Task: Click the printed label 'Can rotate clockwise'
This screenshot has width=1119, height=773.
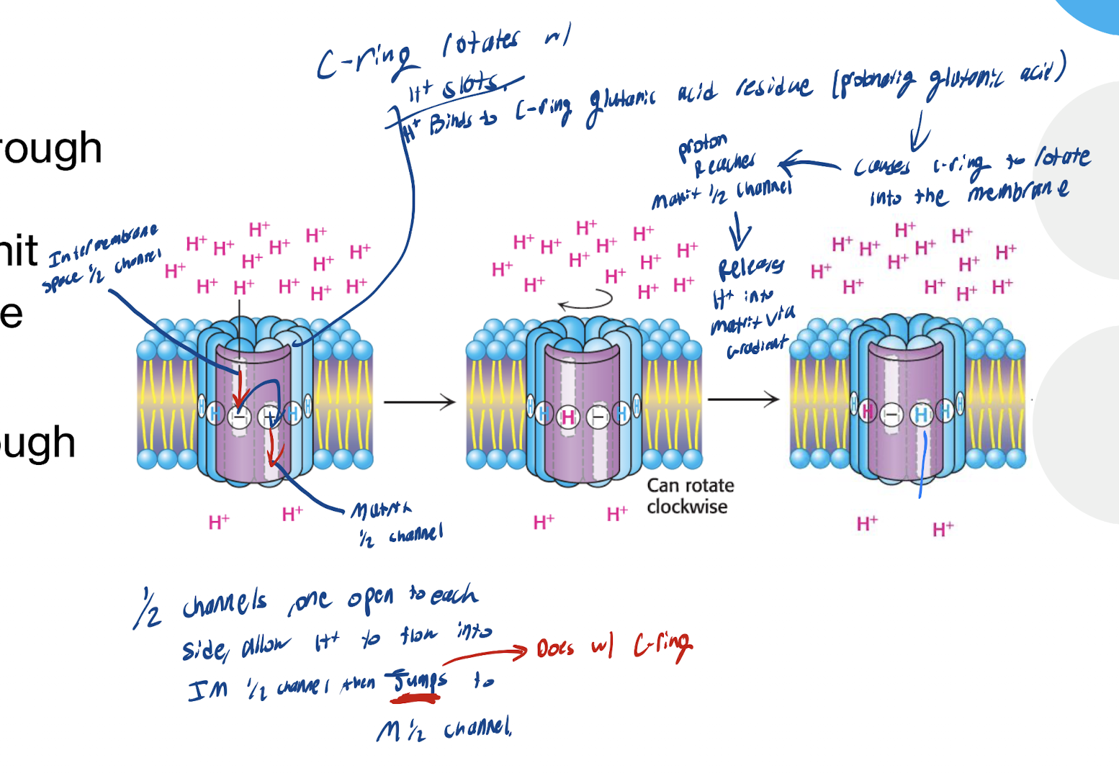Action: [x=690, y=496]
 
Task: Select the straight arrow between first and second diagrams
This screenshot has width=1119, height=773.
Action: [x=419, y=402]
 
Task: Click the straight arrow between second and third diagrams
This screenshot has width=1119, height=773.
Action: [x=743, y=399]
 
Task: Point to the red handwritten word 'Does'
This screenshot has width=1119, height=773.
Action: [x=555, y=648]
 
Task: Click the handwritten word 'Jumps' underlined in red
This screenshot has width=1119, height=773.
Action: [x=418, y=680]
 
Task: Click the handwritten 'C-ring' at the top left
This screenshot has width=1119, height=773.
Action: [x=364, y=61]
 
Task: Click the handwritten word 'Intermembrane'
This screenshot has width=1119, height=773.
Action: [x=103, y=245]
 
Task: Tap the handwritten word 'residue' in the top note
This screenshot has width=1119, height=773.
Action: [x=773, y=88]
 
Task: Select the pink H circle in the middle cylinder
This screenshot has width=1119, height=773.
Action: [x=569, y=417]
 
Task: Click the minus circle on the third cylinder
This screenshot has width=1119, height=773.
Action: [x=892, y=414]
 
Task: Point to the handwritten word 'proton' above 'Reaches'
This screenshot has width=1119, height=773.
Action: [x=703, y=146]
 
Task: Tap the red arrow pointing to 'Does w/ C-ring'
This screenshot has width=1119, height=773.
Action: [x=485, y=654]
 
